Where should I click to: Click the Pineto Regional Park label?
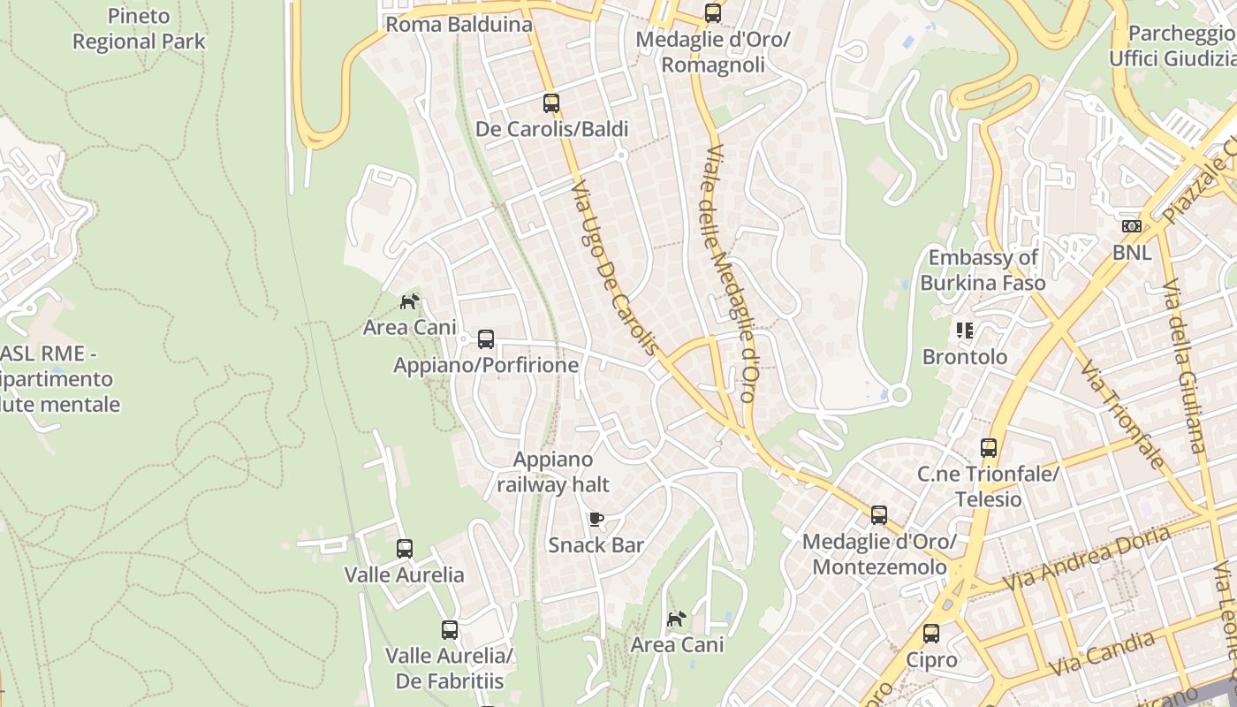(x=139, y=28)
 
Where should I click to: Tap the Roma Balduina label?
(x=459, y=24)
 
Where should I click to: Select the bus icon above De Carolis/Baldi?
(x=551, y=103)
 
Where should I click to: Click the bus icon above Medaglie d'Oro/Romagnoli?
(x=713, y=13)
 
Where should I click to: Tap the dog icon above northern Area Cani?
(x=409, y=301)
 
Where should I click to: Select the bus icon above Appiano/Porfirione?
(x=486, y=339)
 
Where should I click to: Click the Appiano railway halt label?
(x=553, y=472)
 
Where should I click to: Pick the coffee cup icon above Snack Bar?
(x=596, y=519)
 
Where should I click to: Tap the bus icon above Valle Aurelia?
(x=405, y=549)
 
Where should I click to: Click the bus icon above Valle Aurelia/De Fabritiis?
(x=450, y=630)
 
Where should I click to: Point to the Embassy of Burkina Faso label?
(x=983, y=270)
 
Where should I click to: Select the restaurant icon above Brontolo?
(x=964, y=331)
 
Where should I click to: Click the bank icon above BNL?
(x=1132, y=226)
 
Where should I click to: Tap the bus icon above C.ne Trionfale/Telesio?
(x=989, y=448)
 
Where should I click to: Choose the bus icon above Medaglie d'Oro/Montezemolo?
(x=879, y=515)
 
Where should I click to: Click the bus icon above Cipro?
(x=931, y=634)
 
